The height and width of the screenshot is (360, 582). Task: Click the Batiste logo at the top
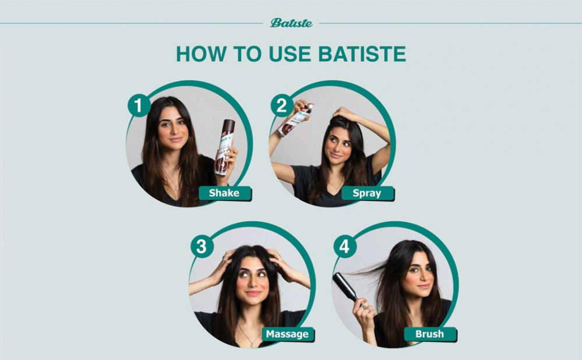tap(291, 23)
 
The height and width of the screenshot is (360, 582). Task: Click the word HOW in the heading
tap(201, 54)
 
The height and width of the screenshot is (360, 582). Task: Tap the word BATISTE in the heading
tap(362, 54)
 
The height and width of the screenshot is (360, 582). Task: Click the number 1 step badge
tap(139, 105)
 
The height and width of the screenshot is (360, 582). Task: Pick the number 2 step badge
tap(282, 105)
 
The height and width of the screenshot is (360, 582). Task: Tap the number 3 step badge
tap(202, 246)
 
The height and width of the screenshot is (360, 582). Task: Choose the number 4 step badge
tap(345, 246)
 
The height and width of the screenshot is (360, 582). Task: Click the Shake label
tap(225, 193)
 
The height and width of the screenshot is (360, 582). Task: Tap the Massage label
tap(288, 334)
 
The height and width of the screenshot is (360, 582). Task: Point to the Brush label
tap(430, 334)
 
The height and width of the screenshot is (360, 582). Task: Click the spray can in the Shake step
tap(225, 147)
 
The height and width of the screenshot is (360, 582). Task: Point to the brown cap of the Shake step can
tap(228, 126)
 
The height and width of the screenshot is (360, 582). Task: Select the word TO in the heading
tap(247, 54)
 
